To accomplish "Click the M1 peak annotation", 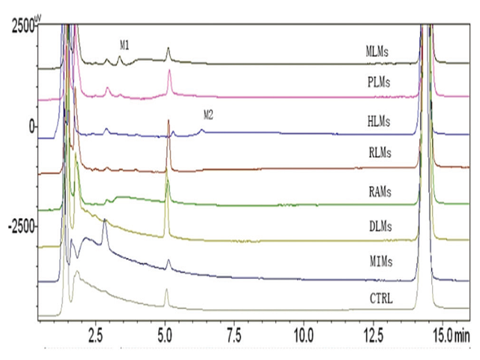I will pos(124,46).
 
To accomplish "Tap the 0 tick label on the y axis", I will pos(32,126).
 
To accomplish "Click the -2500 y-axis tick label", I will pos(20,226).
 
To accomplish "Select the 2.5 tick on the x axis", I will pos(96,331).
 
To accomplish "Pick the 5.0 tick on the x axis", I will pos(166,331).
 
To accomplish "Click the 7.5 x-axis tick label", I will pos(235,331).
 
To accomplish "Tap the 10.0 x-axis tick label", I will pos(303,331).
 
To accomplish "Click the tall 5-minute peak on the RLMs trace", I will pos(169,121).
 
